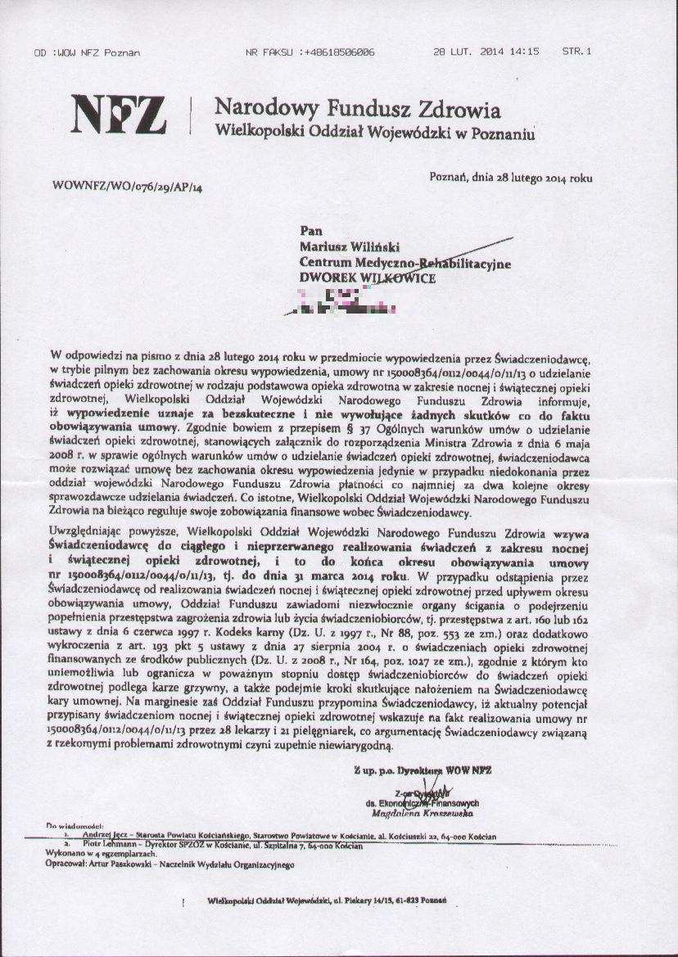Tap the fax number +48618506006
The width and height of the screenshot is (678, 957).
338,52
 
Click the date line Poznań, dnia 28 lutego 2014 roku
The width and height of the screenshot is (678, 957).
510,178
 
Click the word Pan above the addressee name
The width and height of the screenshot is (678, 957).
311,230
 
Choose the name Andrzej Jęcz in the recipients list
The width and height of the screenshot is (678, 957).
111,835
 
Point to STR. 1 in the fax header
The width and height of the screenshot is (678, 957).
576,52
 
